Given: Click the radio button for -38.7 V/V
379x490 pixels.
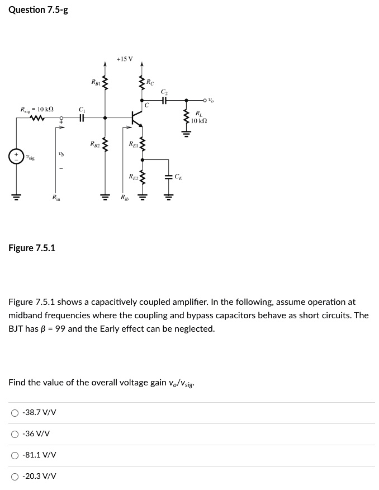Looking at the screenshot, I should click(15, 413).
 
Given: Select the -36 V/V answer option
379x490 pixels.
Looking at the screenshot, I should click(15, 434).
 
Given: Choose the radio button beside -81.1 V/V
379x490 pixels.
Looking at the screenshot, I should click(15, 455).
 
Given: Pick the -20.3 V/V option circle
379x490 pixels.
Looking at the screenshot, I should click(15, 476).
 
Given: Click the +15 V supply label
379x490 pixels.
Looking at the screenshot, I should click(125, 58).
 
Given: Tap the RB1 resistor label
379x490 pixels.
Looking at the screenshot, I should click(96, 82).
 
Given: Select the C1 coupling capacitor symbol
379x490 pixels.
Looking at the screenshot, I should click(82, 118).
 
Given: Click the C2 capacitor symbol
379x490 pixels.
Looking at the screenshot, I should click(164, 101).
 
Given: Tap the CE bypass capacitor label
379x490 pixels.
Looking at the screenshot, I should click(178, 177).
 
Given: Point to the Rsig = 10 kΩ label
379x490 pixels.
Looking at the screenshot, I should click(37, 109).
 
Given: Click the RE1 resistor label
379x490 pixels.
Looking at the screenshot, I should click(133, 144).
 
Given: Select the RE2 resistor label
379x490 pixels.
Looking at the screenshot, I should click(132, 177).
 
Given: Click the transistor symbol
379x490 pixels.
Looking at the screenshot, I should click(136, 118).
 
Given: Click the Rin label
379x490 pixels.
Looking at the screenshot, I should click(56, 197).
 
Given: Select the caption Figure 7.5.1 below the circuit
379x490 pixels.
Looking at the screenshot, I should click(32, 248).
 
